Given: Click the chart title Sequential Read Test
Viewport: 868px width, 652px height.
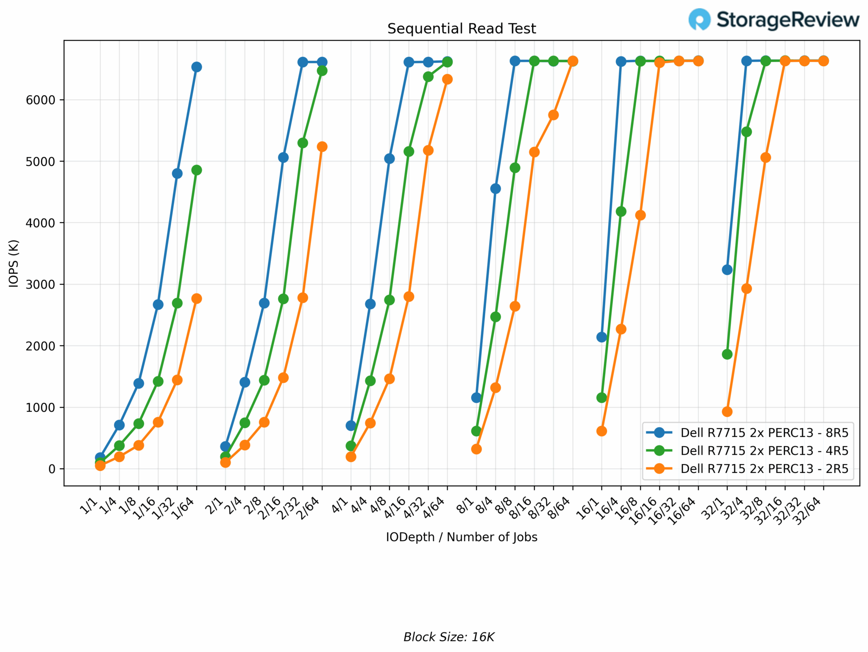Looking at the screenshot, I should point(462,29).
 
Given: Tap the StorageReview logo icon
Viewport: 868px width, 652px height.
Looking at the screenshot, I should point(699,20).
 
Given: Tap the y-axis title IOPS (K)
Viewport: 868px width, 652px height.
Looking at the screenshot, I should point(14,263).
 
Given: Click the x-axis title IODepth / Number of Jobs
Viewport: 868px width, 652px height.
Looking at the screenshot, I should point(462,537).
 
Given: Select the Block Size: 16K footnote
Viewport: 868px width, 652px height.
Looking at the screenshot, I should point(449,637).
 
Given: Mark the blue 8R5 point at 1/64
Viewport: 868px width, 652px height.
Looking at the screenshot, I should point(197,67).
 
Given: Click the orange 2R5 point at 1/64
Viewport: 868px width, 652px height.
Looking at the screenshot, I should point(197,299).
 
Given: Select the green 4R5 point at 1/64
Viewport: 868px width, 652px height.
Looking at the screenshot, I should point(197,170).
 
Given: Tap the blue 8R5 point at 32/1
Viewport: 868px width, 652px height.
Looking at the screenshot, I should point(727,270).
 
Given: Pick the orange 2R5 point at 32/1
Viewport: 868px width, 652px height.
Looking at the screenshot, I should point(727,412).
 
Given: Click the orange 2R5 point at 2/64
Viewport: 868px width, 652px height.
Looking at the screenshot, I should point(322,147).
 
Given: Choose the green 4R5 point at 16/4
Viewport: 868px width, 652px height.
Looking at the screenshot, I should point(621,212).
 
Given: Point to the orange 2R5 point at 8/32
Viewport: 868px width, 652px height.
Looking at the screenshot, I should point(554,115).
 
